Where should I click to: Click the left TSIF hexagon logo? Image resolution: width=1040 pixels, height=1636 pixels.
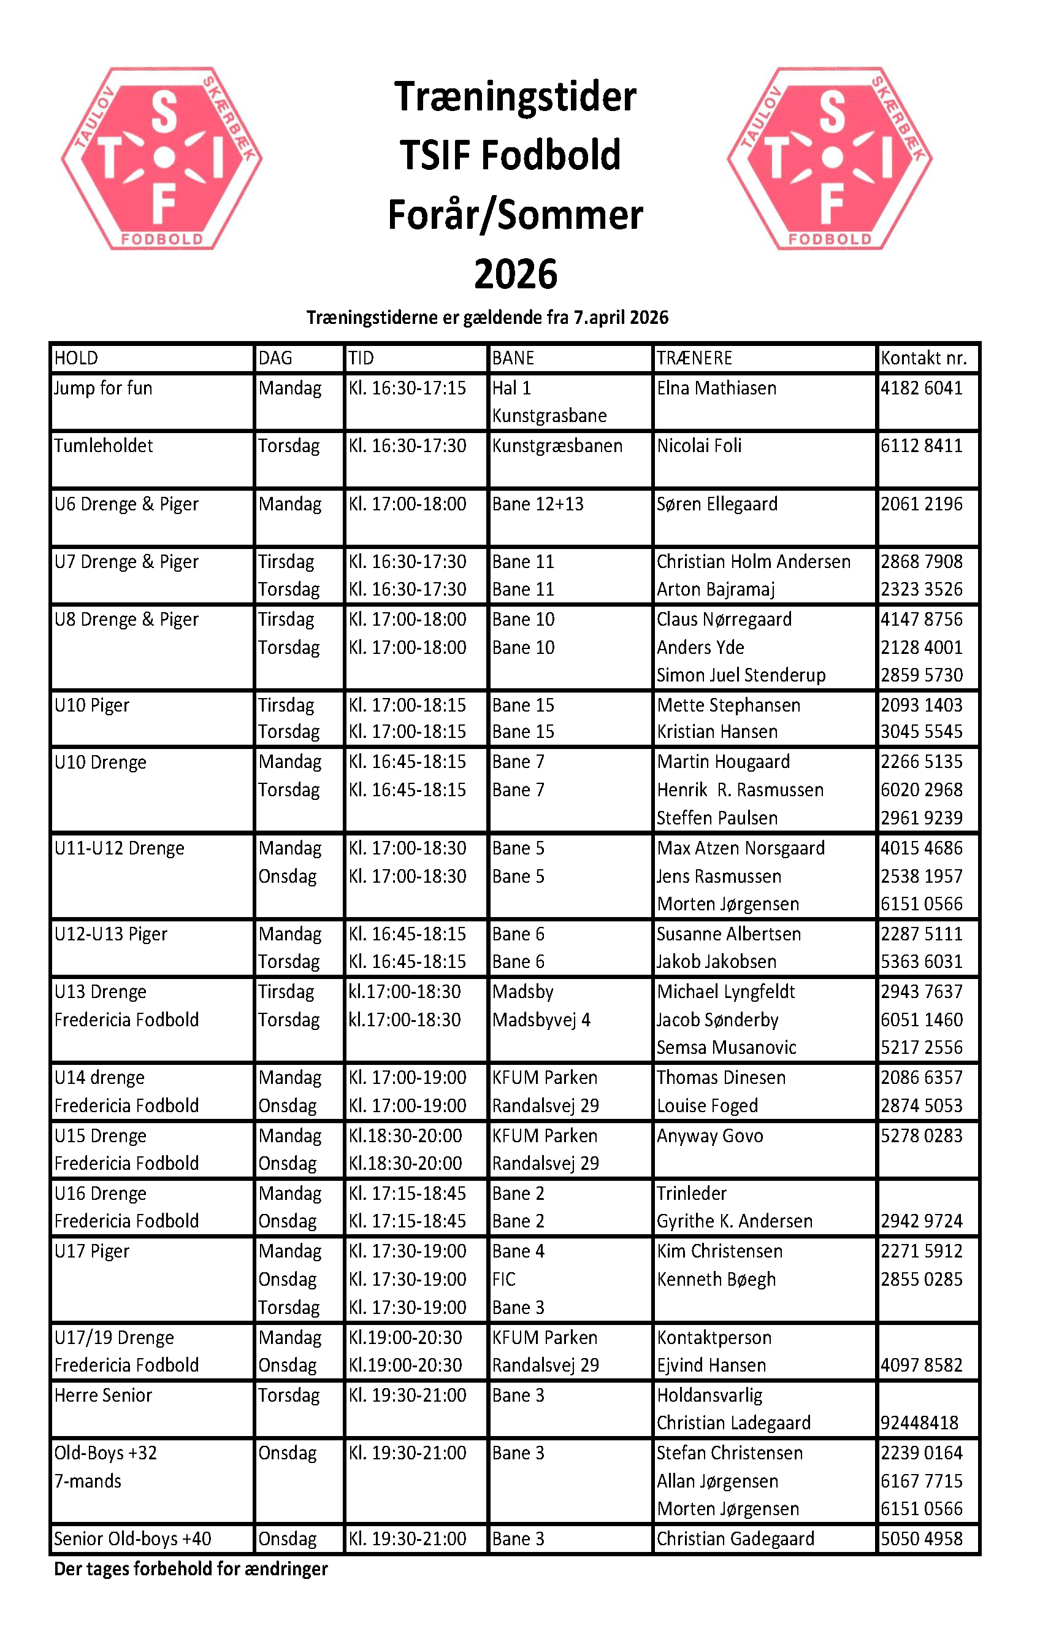[162, 158]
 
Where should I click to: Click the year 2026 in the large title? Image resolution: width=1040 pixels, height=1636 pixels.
[516, 274]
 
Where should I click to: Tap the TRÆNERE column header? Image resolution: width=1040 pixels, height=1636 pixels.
[694, 358]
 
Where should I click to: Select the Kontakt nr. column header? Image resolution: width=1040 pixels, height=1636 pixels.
[923, 358]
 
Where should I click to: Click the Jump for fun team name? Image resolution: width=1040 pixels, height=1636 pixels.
[103, 388]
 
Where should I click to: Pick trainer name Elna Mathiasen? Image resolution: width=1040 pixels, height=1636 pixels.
[716, 388]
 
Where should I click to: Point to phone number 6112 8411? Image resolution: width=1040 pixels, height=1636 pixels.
[921, 446]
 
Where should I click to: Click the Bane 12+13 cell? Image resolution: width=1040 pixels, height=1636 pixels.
[537, 504]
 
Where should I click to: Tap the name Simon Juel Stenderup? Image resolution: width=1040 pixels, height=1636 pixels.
[740, 675]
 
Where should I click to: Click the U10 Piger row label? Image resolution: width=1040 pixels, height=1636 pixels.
[92, 705]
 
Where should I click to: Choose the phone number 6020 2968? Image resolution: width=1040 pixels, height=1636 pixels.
[921, 789]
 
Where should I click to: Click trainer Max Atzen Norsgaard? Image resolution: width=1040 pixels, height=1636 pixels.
[740, 848]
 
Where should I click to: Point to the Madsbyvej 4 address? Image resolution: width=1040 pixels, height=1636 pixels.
[541, 1020]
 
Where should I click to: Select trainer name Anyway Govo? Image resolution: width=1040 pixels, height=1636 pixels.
[709, 1136]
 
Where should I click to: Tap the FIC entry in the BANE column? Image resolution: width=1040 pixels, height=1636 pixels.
[503, 1280]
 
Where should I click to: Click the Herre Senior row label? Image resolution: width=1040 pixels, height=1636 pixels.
[103, 1396]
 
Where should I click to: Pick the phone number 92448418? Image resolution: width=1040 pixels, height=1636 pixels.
[919, 1423]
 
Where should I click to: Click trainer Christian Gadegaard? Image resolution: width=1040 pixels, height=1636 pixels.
[735, 1539]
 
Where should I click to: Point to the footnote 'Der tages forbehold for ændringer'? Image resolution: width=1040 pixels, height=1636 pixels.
[191, 1569]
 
